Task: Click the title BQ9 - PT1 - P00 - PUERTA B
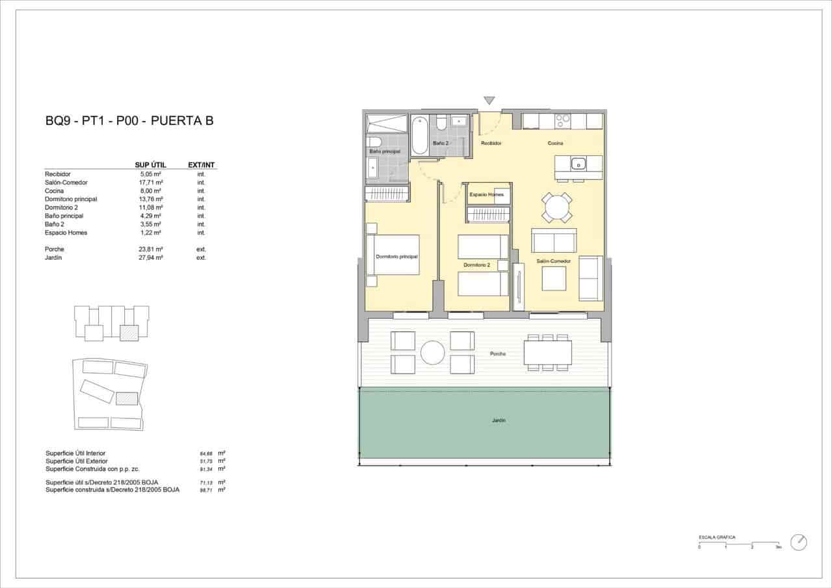pos(129,120)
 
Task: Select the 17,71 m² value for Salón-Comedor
pos(150,183)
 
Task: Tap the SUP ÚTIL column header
pos(150,165)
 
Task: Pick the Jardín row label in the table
pos(55,258)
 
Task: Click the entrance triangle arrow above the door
pos(489,101)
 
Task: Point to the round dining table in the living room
pos(557,208)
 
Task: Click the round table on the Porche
pos(432,353)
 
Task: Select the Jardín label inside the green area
pos(498,421)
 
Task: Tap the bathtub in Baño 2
pos(420,134)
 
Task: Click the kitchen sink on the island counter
pos(578,163)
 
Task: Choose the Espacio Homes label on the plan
pos(486,194)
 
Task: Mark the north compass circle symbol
pos(799,543)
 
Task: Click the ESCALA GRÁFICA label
pos(717,537)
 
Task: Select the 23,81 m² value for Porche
pos(150,249)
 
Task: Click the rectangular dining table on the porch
pos(548,353)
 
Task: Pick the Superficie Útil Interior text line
pos(75,453)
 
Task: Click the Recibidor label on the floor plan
pos(491,143)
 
